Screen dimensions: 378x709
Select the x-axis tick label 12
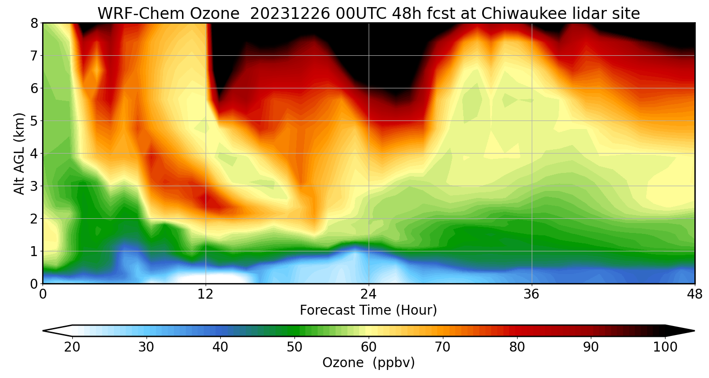206,295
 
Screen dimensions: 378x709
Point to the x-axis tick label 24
369,295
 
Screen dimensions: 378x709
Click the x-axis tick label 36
532,295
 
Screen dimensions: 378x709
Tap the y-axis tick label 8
34,23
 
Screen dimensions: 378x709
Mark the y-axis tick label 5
34,120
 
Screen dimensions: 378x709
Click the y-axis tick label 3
34,186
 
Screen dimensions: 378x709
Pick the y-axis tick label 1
34,251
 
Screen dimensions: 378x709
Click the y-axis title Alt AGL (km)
19,153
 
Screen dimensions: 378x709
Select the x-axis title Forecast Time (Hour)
369,310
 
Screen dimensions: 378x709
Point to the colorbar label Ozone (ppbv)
369,363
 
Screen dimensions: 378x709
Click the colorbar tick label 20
72,347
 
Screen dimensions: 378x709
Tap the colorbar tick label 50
294,347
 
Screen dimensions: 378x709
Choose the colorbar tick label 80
517,347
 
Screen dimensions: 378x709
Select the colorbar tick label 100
665,347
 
